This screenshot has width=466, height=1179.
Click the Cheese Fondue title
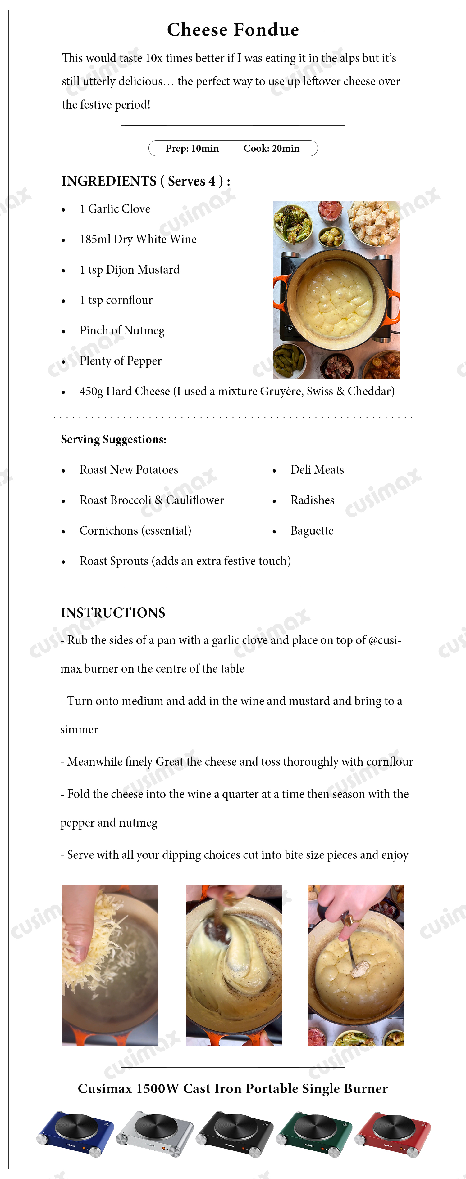tap(233, 30)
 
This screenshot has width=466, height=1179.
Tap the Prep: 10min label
tap(192, 148)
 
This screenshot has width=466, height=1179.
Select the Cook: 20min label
tap(271, 148)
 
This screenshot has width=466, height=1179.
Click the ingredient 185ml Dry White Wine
tap(138, 240)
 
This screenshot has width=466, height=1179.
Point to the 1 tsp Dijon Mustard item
tap(129, 270)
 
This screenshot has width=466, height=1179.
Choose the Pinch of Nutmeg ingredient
tap(122, 330)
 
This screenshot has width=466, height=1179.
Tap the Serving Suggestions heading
tap(114, 439)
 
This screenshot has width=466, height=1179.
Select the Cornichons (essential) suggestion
tap(135, 531)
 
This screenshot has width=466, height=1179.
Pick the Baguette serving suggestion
tap(312, 531)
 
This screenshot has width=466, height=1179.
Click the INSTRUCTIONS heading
tap(113, 613)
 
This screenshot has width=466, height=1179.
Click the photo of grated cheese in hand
tap(110, 965)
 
